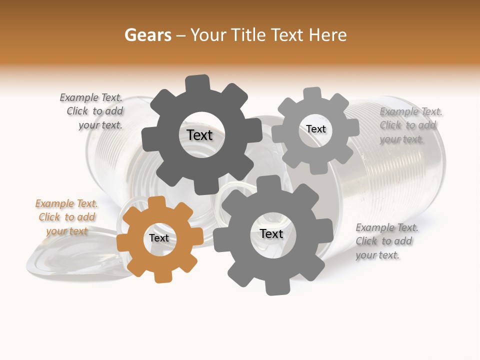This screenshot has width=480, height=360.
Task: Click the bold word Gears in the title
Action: pos(147,35)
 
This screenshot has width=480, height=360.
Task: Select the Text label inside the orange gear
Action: pos(159,238)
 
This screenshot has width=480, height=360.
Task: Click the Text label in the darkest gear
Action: pos(199,135)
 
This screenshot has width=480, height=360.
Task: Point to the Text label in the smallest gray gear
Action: pos(315,129)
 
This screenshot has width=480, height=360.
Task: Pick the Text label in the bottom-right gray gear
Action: pos(271,233)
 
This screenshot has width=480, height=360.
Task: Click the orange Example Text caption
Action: pos(66,217)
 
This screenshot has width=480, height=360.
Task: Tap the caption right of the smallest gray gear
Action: pos(410,125)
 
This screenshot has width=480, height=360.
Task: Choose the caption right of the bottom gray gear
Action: pos(386,241)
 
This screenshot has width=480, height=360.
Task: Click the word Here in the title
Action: pos(328,35)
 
